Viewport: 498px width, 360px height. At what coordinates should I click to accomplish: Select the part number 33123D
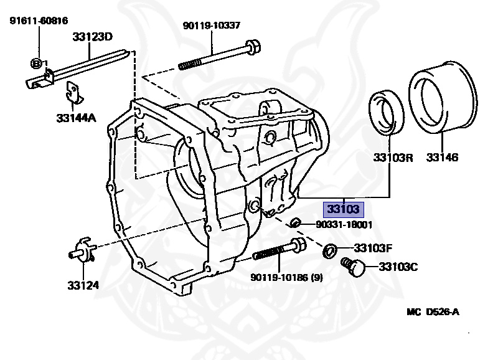(91, 37)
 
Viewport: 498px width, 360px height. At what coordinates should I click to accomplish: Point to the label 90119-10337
(211, 26)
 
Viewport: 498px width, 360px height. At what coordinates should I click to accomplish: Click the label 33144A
(76, 117)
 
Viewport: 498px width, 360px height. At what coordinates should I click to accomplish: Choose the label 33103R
(393, 158)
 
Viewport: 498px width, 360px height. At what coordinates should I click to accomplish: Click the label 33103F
(374, 248)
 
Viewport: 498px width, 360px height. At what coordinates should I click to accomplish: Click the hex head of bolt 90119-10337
(252, 47)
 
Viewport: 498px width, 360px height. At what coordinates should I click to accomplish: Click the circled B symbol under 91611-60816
(37, 63)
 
